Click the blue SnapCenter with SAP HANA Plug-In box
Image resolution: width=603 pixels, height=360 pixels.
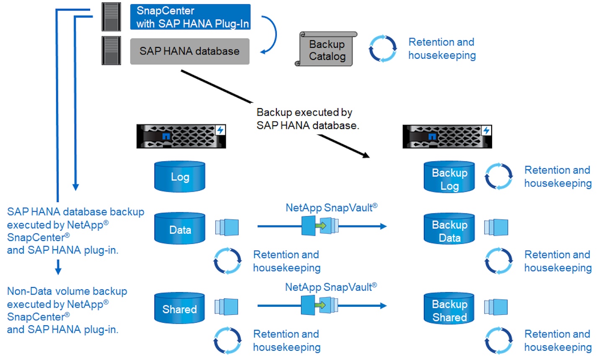(x=190, y=17)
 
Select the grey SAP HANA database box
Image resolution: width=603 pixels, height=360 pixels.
(x=190, y=52)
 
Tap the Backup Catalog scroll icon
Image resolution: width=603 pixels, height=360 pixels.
(x=327, y=49)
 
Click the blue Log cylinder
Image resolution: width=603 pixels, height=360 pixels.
(x=180, y=177)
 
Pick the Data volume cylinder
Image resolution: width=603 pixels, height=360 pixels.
(x=180, y=229)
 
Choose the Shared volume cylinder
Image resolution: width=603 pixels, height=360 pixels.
(x=180, y=308)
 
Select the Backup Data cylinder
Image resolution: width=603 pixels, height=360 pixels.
(x=449, y=229)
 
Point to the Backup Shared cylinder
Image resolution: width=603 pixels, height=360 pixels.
(x=449, y=309)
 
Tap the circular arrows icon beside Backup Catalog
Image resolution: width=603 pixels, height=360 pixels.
(x=382, y=49)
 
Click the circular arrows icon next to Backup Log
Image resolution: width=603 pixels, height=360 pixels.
(x=498, y=176)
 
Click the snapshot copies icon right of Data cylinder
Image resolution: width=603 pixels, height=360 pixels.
(x=227, y=227)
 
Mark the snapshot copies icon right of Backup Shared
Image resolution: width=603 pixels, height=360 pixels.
(x=496, y=307)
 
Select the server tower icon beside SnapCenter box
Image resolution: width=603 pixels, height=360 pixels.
(x=111, y=17)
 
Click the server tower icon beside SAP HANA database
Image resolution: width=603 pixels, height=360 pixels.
(x=111, y=51)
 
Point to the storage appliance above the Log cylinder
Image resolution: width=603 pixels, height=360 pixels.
(x=181, y=136)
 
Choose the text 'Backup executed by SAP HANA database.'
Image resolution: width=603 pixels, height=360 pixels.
(x=307, y=119)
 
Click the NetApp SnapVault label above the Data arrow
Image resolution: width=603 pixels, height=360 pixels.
(x=331, y=207)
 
